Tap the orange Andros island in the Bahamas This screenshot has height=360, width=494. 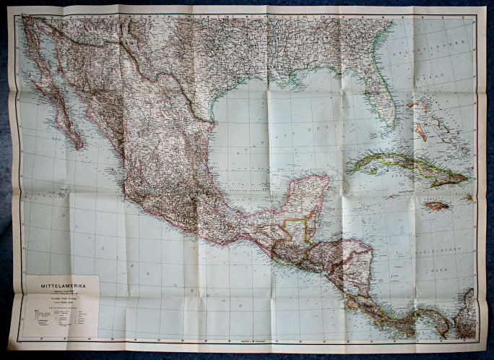pyautogui.click(x=420, y=132)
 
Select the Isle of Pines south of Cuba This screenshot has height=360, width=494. pyautogui.click(x=373, y=171)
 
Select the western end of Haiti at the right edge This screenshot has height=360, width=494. pyautogui.click(x=468, y=196)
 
